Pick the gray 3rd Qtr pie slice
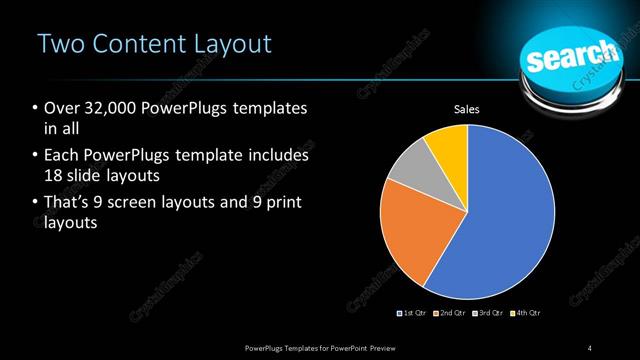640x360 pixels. coord(408,168)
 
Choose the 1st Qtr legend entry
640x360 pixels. coord(414,314)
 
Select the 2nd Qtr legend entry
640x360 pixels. coord(451,314)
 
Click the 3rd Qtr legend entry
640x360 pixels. coord(488,314)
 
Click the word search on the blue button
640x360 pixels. coord(570,56)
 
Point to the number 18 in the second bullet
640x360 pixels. coord(54,176)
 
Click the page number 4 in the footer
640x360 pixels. coord(590,347)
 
